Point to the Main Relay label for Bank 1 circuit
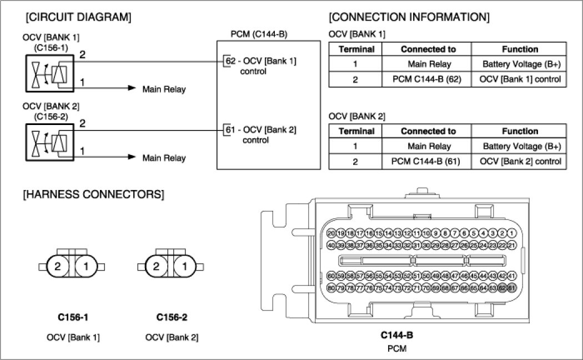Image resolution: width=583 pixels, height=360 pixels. click(164, 89)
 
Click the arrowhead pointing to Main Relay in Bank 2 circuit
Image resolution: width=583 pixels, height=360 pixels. click(132, 157)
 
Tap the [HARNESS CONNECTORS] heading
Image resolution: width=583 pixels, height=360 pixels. click(93, 195)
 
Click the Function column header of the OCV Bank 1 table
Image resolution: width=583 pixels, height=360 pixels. click(520, 49)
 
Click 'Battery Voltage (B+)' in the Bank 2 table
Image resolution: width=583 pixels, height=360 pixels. click(522, 147)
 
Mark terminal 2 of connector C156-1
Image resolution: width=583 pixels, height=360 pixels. click(58, 267)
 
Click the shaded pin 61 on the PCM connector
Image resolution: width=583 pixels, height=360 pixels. click(511, 287)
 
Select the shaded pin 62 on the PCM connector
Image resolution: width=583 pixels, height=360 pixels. click(502, 287)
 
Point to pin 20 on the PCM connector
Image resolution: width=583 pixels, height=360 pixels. click(331, 233)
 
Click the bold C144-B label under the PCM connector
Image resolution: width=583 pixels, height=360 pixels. click(396, 336)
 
